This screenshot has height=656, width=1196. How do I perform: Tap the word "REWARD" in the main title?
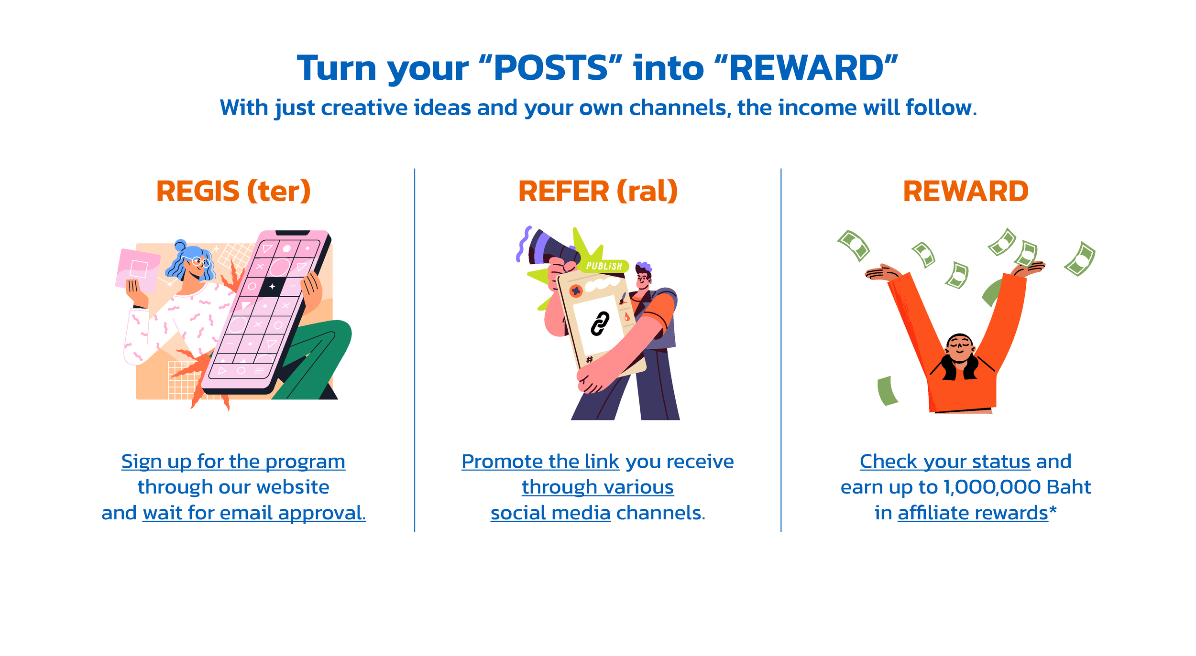(806, 68)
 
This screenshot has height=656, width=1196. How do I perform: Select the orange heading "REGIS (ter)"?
(233, 192)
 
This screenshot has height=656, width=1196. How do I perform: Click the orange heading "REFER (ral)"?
(598, 192)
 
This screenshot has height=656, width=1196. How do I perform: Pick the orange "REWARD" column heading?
(966, 192)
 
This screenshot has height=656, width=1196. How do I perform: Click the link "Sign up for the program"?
(233, 462)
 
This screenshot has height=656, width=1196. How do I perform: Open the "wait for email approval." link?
(254, 513)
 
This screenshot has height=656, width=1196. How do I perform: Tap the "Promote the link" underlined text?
(540, 462)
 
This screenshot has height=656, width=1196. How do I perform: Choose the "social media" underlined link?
(550, 513)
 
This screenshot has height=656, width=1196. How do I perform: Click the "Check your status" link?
(945, 462)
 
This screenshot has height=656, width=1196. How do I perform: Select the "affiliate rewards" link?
(973, 513)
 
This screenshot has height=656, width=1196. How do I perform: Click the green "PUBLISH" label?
(604, 266)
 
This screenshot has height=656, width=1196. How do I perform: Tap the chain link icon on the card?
(600, 324)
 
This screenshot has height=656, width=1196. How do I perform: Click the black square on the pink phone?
(273, 286)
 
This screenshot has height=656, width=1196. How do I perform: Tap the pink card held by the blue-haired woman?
(138, 269)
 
